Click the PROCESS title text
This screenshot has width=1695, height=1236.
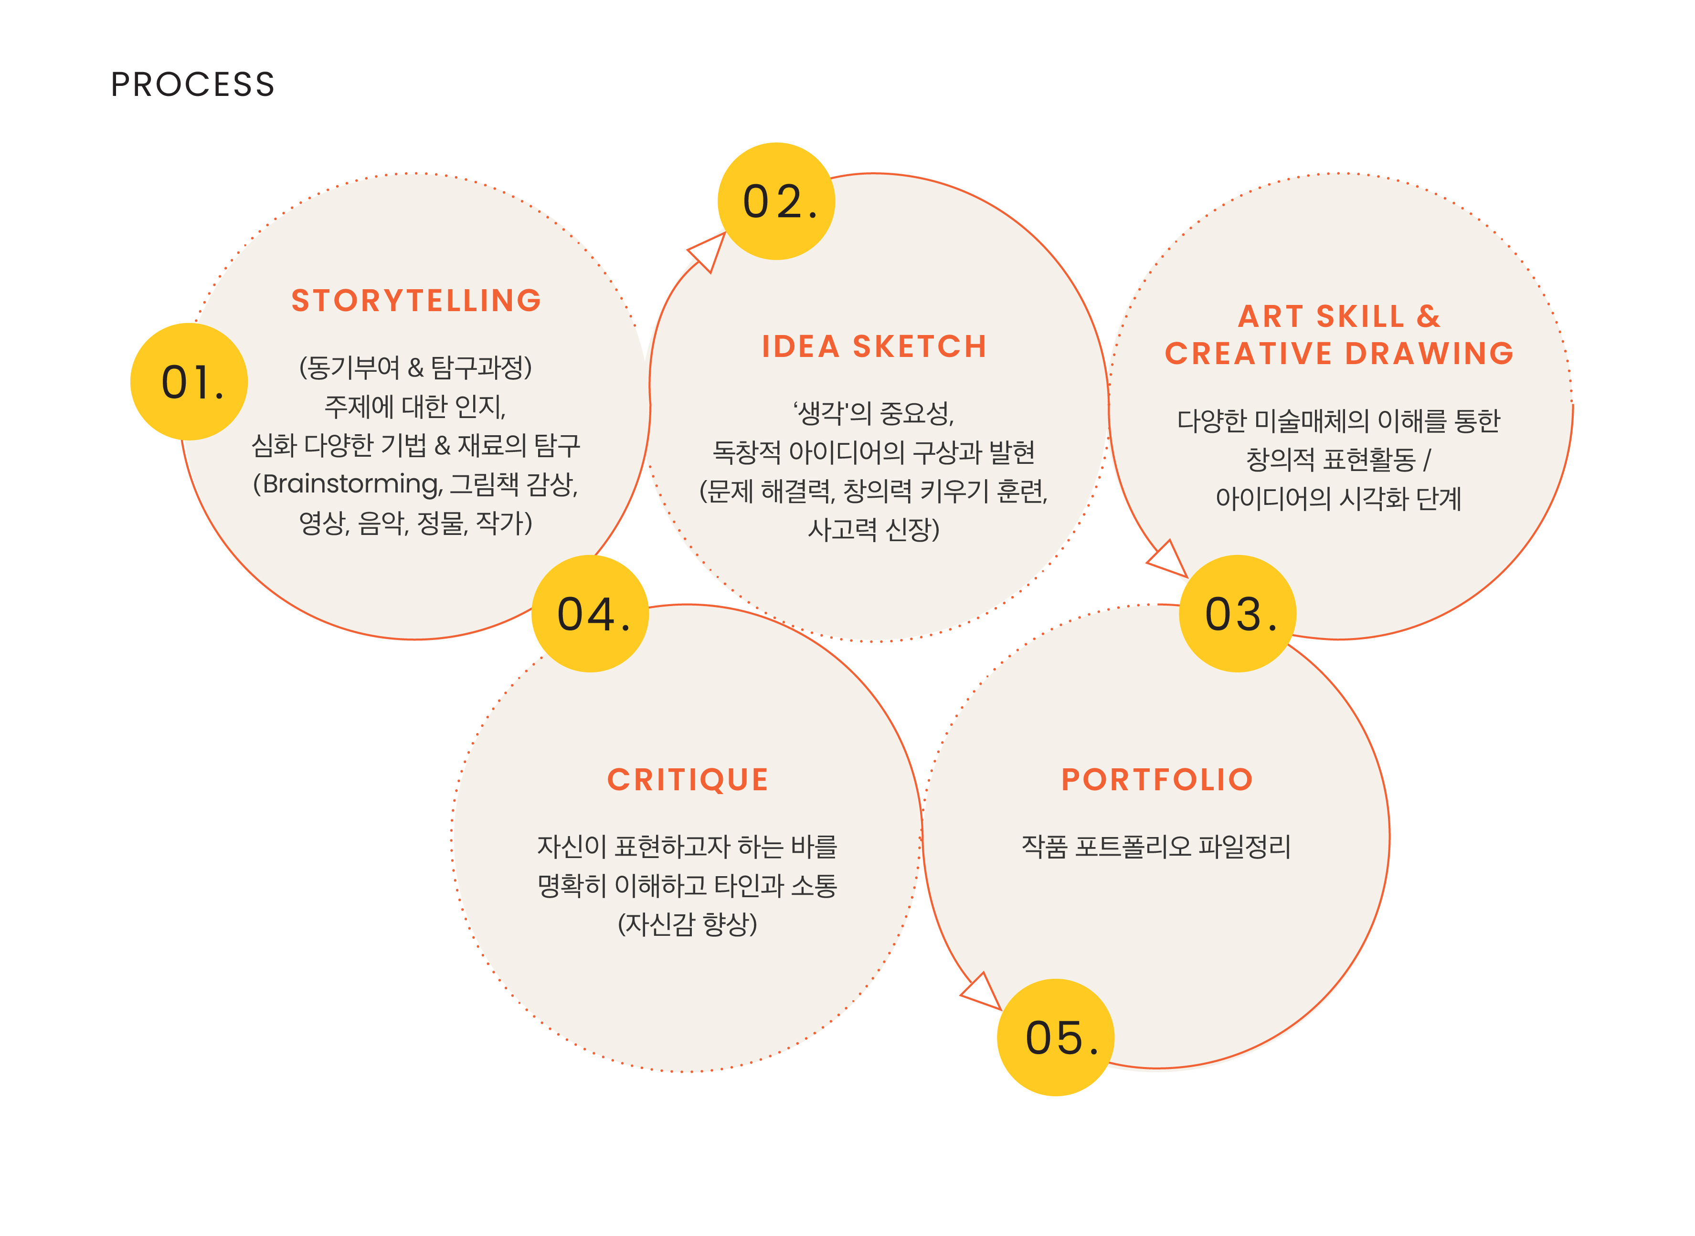pos(192,84)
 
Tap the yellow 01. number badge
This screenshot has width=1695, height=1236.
pos(190,382)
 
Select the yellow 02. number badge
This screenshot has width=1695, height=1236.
pos(777,202)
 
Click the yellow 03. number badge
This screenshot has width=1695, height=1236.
pos(1238,614)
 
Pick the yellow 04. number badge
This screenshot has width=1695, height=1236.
pos(591,614)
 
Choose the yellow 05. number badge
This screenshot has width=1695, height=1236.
pos(1057,1038)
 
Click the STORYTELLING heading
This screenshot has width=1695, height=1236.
pos(416,301)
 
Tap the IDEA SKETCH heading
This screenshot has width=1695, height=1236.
pos(874,346)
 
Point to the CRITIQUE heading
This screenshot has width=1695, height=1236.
pos(688,780)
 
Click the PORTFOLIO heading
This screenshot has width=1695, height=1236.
pos(1157,780)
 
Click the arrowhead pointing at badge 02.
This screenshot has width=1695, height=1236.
pos(709,251)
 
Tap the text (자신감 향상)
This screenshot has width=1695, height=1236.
pos(687,924)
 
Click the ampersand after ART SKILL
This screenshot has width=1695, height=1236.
pos(1428,316)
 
